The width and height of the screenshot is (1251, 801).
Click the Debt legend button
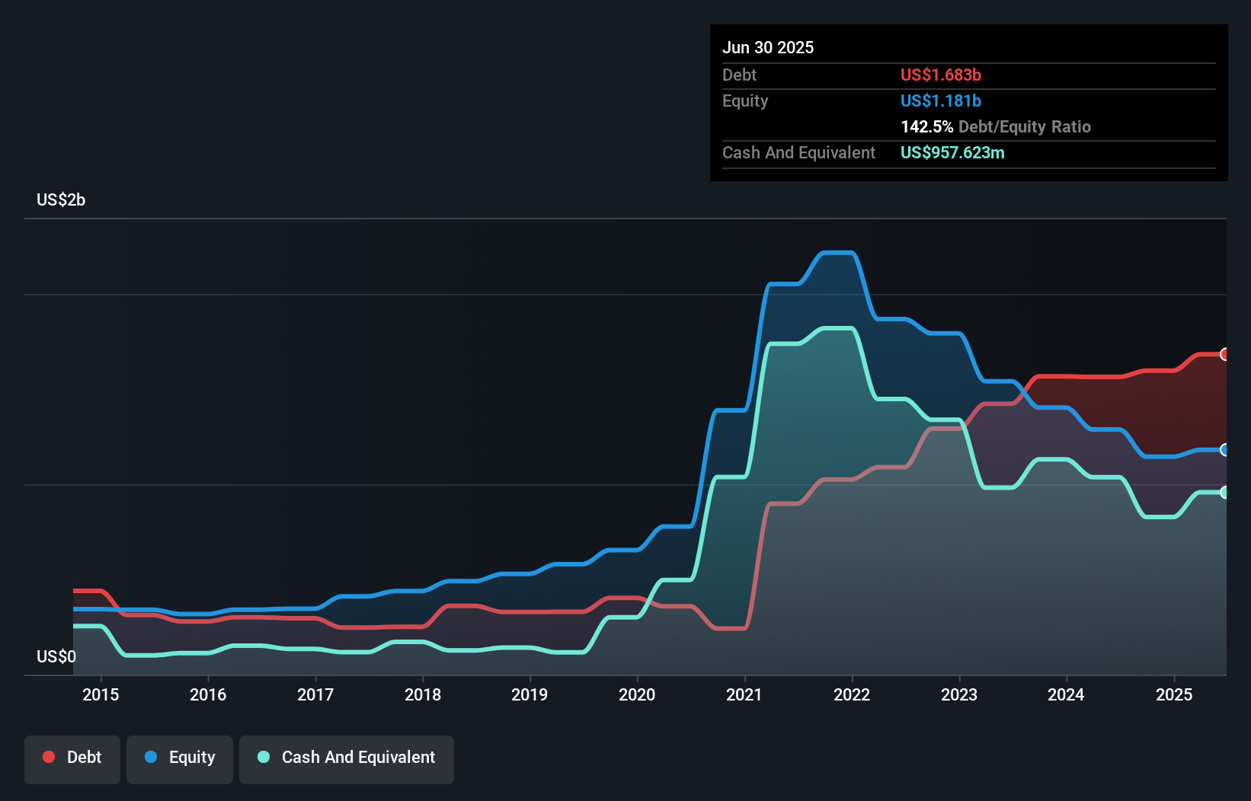coord(72,758)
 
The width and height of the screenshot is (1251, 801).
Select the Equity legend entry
coord(180,758)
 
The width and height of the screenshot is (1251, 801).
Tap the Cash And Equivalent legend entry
coord(347,758)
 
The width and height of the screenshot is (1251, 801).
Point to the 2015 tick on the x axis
coord(101,694)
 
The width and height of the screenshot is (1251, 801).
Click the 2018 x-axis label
coord(423,694)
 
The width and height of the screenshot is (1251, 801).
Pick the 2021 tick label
coord(744,694)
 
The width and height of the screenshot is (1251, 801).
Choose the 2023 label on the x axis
coord(959,694)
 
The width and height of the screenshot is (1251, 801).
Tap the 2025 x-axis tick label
coord(1174,694)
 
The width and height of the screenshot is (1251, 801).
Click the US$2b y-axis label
coord(61,200)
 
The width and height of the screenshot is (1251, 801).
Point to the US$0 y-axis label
coord(56,656)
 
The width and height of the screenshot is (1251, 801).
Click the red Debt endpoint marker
coord(1225,354)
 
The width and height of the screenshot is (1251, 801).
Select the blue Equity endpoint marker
coord(1225,450)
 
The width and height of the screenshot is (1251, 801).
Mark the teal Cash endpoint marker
coord(1225,493)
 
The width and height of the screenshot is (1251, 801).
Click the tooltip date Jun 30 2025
coord(768,47)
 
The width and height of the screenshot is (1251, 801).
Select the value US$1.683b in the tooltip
coord(941,75)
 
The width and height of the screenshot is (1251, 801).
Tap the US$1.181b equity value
coord(941,101)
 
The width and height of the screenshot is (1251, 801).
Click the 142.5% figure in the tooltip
coord(926,126)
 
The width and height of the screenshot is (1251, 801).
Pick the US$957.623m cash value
coord(952,152)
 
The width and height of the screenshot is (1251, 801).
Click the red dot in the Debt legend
coord(49,757)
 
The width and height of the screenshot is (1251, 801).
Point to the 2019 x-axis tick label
coord(530,694)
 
